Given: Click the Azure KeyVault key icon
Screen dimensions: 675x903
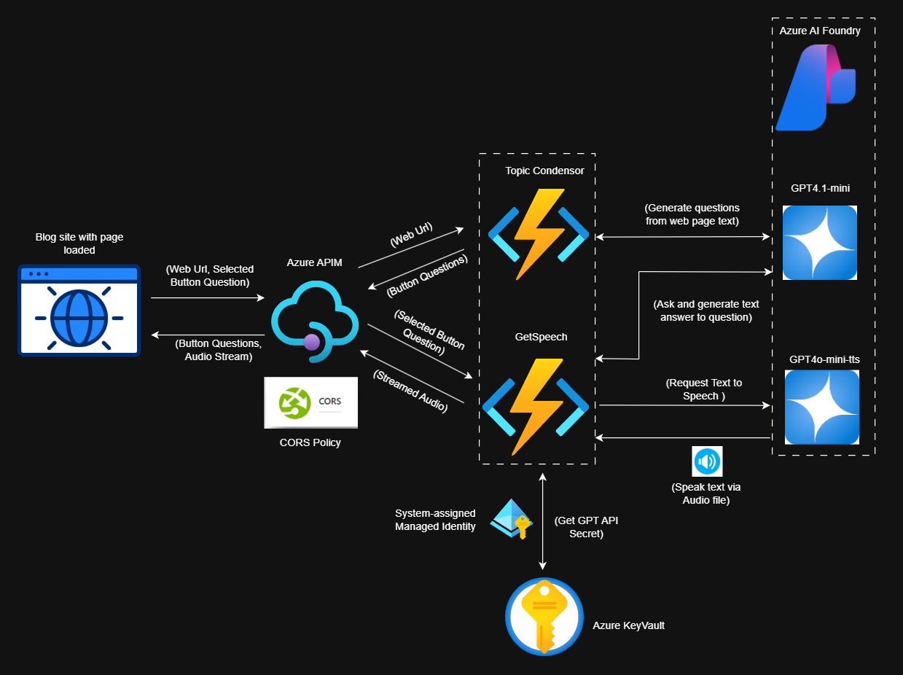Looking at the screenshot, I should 544,617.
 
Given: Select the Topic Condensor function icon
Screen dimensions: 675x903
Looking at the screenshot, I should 538,234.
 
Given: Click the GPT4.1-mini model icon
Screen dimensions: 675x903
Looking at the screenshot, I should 819,243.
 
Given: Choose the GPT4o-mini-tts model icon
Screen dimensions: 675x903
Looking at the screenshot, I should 821,407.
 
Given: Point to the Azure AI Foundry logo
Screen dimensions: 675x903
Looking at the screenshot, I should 815,88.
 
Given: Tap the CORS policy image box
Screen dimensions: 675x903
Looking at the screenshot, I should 311,402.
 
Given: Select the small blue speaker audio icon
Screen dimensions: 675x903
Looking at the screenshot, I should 706,461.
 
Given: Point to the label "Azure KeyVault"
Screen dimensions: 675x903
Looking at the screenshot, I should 628,625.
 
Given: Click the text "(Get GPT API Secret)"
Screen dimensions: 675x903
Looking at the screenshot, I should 583,527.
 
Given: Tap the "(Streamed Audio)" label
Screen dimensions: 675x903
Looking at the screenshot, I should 410,392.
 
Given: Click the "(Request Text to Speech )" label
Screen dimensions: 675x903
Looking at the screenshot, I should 703,389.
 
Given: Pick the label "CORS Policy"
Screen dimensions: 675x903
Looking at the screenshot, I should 310,442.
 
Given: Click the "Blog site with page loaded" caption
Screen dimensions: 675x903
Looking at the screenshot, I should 79,243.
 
